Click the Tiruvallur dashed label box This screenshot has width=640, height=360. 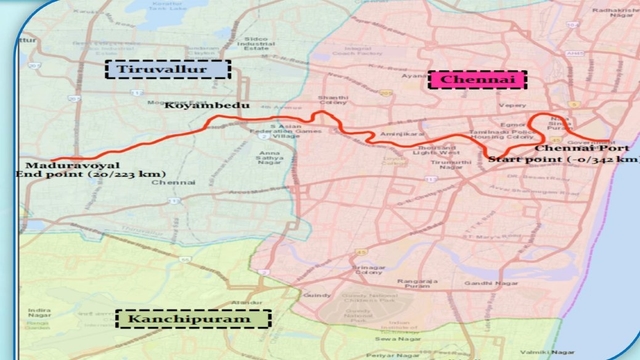[169, 70]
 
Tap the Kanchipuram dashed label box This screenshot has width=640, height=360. [194, 320]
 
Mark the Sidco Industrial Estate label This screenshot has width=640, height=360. [262, 44]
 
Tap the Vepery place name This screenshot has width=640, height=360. [512, 102]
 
